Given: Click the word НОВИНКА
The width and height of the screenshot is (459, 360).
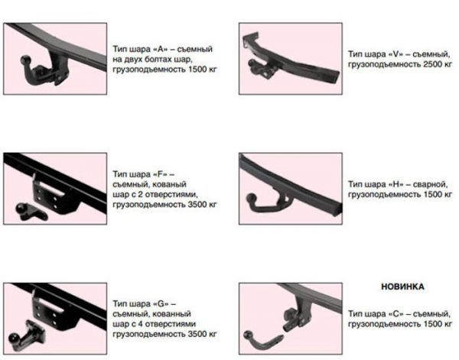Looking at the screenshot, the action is (402, 287).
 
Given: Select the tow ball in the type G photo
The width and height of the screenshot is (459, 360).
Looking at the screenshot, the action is (14, 339).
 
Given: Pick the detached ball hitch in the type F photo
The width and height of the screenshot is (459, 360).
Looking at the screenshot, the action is (31, 212).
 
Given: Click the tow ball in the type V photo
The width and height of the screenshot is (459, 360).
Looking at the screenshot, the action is (252, 63).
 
